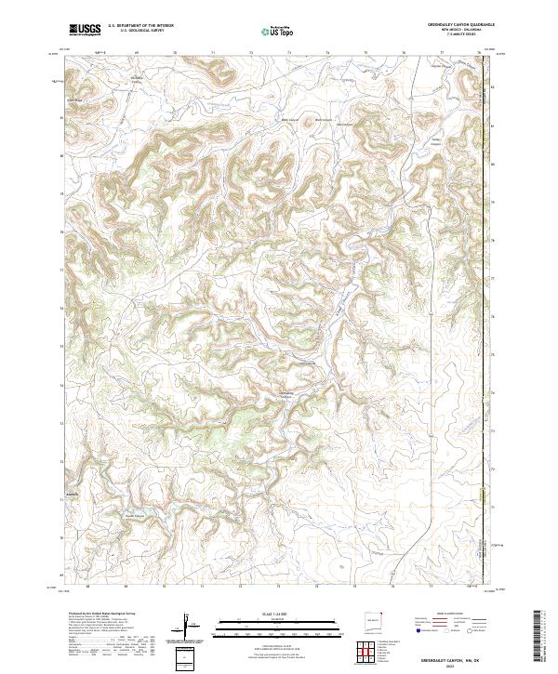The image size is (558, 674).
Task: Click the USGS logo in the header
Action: pyautogui.click(x=84, y=31)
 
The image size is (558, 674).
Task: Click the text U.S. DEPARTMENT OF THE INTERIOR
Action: pyautogui.click(x=139, y=27)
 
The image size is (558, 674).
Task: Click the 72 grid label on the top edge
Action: pyautogui.click(x=251, y=55)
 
